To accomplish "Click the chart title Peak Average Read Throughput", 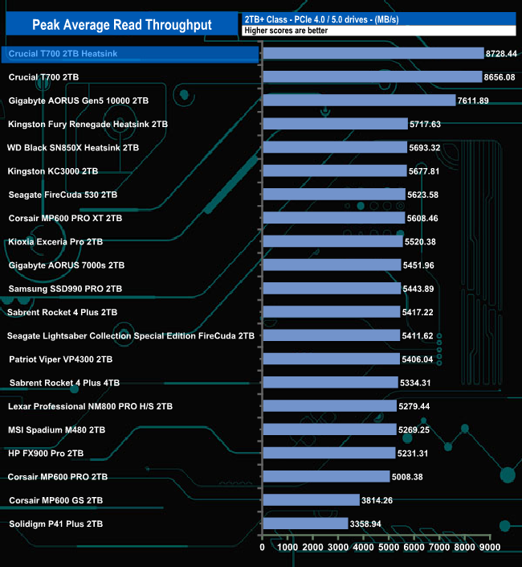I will tap(122, 25).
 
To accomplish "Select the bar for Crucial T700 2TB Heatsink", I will tap(373, 54).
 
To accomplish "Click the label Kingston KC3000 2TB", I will tap(53, 171).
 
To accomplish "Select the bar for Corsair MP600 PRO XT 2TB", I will tap(333, 218).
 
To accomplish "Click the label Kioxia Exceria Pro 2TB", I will tap(55, 241).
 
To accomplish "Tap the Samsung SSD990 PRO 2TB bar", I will tap(331, 289).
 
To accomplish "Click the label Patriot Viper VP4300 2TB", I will tap(60, 360).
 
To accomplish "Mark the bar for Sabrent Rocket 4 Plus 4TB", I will tap(330, 383).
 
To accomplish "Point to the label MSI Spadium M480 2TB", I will tap(57, 429).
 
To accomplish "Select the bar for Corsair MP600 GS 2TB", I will tap(311, 500).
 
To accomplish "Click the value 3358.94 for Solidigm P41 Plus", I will tap(374, 524).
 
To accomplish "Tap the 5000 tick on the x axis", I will tap(389, 548).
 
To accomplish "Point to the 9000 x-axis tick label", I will tap(490, 548).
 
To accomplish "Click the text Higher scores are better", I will tap(280, 31).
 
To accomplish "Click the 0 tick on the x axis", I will tap(263, 548).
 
